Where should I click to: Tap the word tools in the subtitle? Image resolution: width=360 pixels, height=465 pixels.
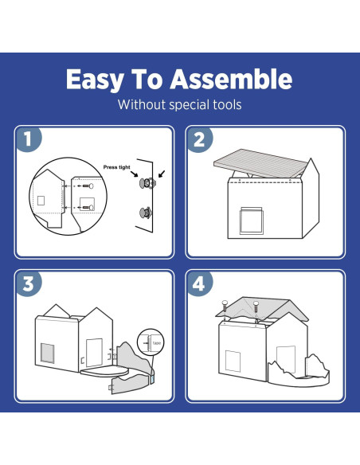click(x=225, y=104)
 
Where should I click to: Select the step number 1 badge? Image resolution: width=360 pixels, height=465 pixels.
click(x=29, y=139)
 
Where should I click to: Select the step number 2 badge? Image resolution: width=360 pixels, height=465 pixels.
click(x=200, y=139)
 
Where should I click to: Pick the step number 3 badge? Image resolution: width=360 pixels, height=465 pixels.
click(x=29, y=284)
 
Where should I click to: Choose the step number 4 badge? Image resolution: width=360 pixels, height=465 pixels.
click(x=200, y=284)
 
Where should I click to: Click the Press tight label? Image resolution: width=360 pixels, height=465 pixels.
click(x=118, y=168)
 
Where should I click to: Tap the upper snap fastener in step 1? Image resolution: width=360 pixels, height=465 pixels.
click(x=146, y=183)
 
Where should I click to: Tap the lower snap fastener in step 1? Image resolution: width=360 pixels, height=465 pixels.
click(x=146, y=213)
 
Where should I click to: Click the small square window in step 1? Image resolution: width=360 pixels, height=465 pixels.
click(x=41, y=199)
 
